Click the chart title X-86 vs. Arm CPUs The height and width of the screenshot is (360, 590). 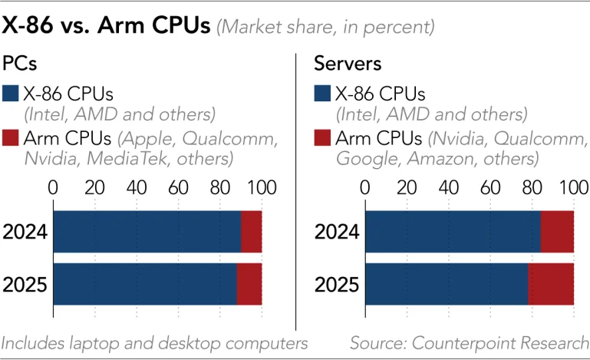106,25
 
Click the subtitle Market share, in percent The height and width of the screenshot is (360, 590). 326,27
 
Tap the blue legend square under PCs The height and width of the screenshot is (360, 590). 12,94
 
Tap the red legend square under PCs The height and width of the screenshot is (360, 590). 12,139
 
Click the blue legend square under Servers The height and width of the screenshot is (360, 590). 324,94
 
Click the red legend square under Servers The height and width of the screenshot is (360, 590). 324,139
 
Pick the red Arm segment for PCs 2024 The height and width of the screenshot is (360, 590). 251,230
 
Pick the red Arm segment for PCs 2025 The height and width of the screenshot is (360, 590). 249,283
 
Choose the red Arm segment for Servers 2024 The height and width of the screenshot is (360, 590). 557,230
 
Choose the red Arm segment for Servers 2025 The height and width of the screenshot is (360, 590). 551,283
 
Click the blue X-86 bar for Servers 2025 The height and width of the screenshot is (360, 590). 447,283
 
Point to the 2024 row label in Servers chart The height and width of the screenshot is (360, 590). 336,231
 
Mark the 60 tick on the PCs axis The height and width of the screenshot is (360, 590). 178,188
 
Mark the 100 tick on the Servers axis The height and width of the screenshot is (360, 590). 573,188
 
